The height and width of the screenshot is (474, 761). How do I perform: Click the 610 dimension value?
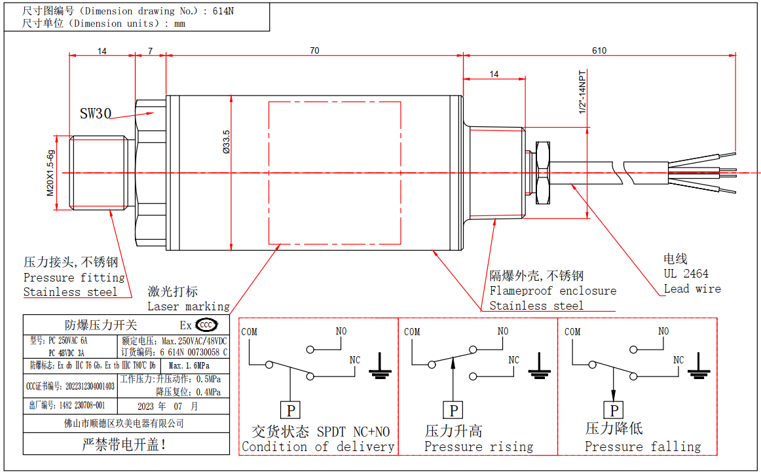599,50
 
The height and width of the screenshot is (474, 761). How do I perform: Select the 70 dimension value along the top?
314,50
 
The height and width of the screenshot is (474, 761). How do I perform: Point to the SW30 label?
96,113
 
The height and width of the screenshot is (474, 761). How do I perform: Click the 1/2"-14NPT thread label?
582,94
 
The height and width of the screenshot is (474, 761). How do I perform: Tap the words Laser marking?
189,306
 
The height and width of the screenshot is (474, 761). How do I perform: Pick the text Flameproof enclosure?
553,291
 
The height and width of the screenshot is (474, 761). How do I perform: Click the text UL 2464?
686,274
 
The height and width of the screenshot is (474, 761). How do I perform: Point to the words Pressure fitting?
74,278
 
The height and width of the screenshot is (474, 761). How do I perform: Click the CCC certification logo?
206,325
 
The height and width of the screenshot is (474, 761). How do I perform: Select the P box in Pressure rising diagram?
453,410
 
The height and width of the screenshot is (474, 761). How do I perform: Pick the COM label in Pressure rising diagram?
412,332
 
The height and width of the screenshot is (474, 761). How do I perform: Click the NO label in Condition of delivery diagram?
341,331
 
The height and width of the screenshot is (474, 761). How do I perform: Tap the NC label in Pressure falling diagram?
678,360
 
